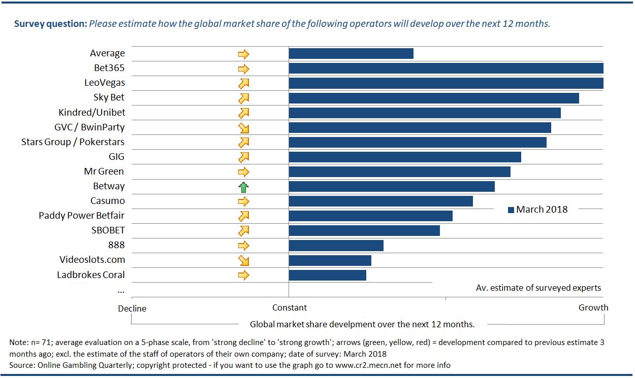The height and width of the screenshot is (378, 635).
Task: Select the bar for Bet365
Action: (446, 68)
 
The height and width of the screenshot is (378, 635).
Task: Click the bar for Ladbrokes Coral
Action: (327, 275)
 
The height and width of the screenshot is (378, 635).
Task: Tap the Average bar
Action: (351, 54)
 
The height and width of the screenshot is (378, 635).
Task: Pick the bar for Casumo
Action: (380, 201)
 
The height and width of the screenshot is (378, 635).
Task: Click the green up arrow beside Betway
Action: (244, 187)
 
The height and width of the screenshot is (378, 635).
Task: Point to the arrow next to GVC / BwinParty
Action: (244, 128)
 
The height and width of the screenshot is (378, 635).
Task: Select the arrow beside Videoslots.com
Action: (244, 260)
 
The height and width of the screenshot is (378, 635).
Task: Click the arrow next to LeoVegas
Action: (244, 83)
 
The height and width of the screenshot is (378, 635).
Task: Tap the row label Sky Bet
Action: (109, 97)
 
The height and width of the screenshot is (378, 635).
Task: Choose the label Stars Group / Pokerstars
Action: (73, 142)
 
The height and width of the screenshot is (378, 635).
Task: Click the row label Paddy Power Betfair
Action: (81, 216)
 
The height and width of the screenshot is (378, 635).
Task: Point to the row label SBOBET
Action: (108, 230)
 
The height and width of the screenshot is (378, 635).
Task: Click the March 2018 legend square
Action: (511, 210)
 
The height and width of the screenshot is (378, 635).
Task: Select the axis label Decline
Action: (132, 308)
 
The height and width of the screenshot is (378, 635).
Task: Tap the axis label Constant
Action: (290, 307)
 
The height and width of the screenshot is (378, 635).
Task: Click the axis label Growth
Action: (593, 307)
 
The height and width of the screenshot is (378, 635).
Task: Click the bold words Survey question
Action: (50, 24)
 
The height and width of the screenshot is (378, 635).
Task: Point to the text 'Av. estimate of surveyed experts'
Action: (538, 288)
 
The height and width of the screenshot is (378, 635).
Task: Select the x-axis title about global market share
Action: (362, 324)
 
